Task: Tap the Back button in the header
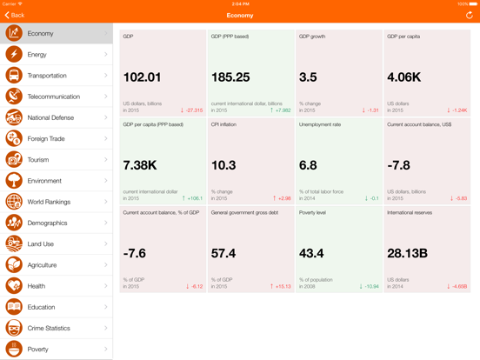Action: click(x=15, y=15)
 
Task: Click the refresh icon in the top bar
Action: click(x=470, y=15)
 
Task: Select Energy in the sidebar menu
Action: click(x=37, y=55)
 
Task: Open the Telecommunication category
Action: click(x=54, y=97)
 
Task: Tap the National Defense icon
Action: click(x=14, y=117)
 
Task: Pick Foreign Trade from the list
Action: click(x=47, y=139)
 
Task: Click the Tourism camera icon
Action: click(x=14, y=160)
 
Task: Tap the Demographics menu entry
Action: click(x=47, y=223)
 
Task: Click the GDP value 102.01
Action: click(x=143, y=77)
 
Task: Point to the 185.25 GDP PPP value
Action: click(x=230, y=77)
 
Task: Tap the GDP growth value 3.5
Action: click(x=308, y=77)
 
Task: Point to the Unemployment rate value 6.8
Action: click(x=308, y=165)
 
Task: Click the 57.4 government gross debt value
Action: click(x=223, y=253)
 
